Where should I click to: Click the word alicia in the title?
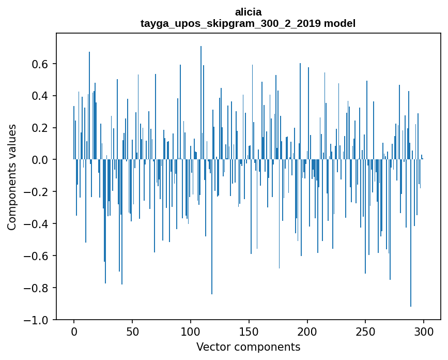pyautogui.click(x=248, y=12)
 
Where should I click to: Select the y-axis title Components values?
pyautogui.click(x=12, y=177)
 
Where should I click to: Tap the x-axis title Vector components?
pyautogui.click(x=248, y=347)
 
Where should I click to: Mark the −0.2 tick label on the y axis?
pyautogui.click(x=38, y=192)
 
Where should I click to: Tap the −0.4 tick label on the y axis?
pyautogui.click(x=38, y=224)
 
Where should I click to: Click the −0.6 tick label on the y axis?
pyautogui.click(x=38, y=256)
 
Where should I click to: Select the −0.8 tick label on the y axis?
pyautogui.click(x=38, y=288)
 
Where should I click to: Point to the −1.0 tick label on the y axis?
pyautogui.click(x=38, y=320)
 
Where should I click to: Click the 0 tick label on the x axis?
pyautogui.click(x=74, y=331)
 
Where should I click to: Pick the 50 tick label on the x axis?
pyautogui.click(x=132, y=331)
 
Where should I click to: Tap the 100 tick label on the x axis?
pyautogui.click(x=191, y=331)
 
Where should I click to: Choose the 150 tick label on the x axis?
pyautogui.click(x=249, y=331)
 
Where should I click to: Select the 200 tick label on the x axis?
pyautogui.click(x=307, y=331)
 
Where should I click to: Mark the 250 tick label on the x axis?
pyautogui.click(x=366, y=331)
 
